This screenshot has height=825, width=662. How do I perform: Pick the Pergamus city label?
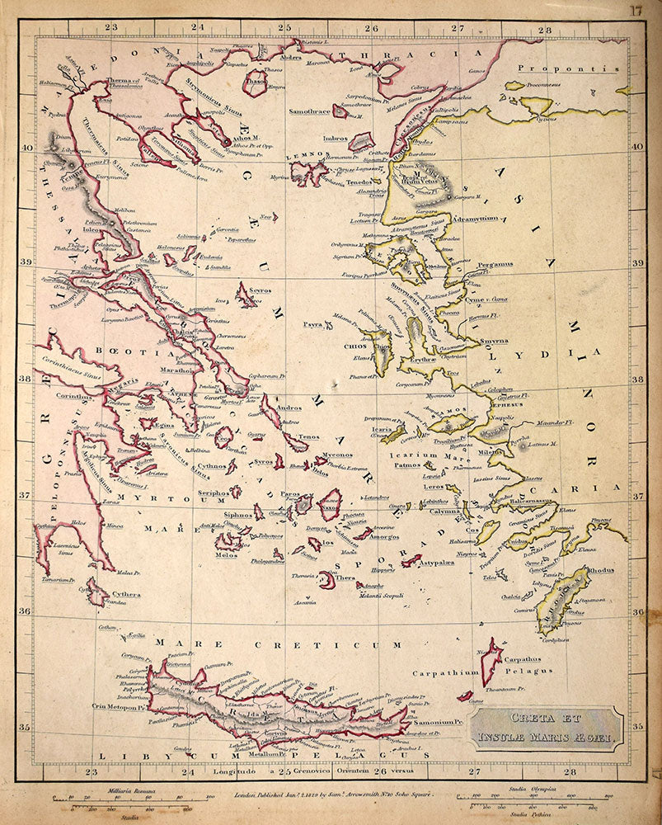[495, 265]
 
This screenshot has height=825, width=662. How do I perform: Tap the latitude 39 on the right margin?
[637, 263]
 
